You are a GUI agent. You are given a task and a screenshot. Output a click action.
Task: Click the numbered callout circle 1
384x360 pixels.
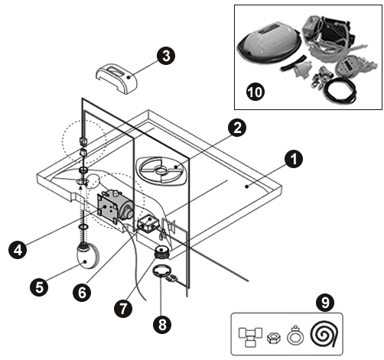tap(294, 159)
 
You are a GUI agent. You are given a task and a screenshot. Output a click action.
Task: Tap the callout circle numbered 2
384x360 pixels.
tap(237, 128)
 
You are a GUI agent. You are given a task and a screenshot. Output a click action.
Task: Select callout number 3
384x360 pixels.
tap(166, 56)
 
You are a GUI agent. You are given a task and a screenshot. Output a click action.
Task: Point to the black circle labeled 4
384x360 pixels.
tap(18, 250)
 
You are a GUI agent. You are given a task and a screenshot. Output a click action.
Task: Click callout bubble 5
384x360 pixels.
tap(39, 287)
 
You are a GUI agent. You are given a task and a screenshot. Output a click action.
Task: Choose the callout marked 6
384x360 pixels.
tap(82, 293)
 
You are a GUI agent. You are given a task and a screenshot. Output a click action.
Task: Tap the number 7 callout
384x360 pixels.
tap(123, 309)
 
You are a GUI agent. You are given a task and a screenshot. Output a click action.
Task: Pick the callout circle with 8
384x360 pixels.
tap(162, 325)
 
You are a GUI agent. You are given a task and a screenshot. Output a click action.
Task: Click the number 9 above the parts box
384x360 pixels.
tap(325, 303)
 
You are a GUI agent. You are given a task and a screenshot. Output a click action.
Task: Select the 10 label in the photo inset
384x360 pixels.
tap(255, 92)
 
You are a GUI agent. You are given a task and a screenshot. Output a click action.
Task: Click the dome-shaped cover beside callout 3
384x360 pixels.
tap(116, 79)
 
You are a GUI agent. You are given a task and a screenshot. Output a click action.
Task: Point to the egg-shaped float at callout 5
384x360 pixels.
tap(87, 256)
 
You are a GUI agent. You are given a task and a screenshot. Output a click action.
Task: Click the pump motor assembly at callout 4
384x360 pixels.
tap(115, 206)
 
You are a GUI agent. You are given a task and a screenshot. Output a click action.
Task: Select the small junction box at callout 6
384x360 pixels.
tap(148, 223)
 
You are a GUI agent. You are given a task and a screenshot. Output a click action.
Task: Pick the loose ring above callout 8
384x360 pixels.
tap(161, 271)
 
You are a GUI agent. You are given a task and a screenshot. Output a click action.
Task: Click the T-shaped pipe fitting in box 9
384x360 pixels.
tap(250, 336)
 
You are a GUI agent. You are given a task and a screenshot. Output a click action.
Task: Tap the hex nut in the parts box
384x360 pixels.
tap(274, 338)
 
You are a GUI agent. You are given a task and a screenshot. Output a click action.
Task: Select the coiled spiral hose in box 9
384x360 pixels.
tap(325, 334)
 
